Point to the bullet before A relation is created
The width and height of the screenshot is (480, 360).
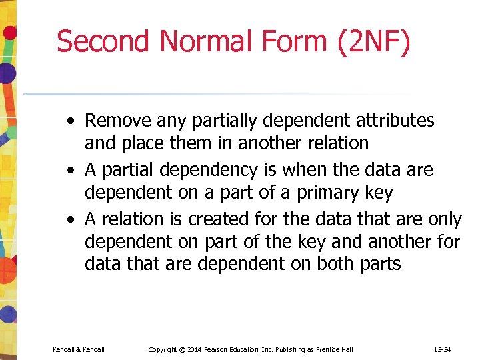(70, 220)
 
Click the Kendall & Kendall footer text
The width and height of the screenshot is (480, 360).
(79, 349)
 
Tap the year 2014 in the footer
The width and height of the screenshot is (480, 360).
(195, 349)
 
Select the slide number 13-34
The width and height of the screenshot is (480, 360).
(443, 349)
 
